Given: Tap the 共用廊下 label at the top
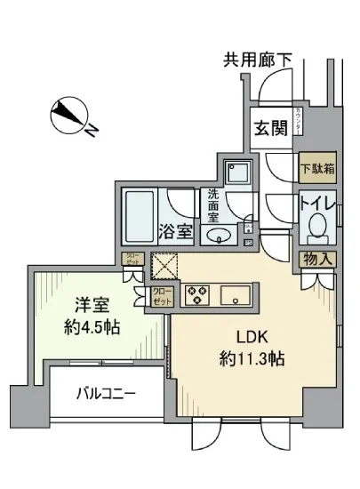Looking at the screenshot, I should [257, 61].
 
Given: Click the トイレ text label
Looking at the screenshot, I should [316, 204].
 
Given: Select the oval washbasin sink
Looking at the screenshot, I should [218, 236].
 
